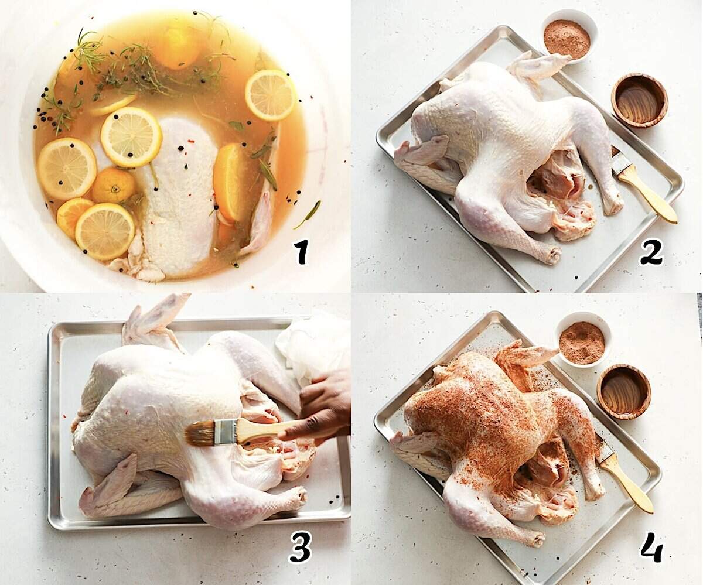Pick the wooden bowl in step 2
coord(639,100)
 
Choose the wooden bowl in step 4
coord(623,391)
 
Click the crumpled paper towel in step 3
coord(313,345)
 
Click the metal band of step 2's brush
coord(621,165)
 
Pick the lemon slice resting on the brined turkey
coord(131,136)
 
